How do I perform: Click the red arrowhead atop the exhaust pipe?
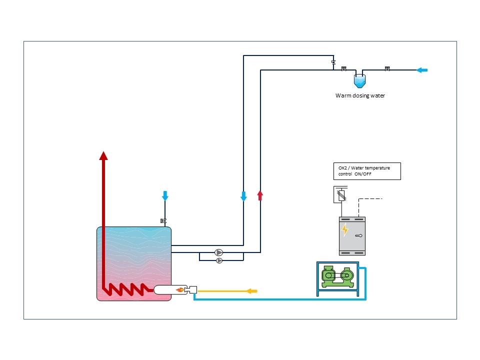(x=103, y=156)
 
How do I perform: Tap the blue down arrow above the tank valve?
(x=165, y=196)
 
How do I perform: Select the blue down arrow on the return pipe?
(x=243, y=196)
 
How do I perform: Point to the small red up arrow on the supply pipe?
(x=260, y=195)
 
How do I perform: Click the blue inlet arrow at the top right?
(x=422, y=70)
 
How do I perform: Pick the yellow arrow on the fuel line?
(x=252, y=291)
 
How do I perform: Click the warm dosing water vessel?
(x=359, y=81)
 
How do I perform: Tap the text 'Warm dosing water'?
(x=360, y=95)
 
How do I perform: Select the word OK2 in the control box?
(x=342, y=168)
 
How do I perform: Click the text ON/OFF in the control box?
(x=363, y=174)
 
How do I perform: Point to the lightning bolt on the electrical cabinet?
(x=345, y=230)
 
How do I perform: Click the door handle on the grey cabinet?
(x=359, y=235)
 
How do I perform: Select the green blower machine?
(x=337, y=276)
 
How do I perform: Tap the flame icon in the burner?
(x=180, y=289)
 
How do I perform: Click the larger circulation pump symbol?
(x=218, y=252)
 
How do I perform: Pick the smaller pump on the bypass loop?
(x=219, y=261)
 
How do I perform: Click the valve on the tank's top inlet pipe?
(x=163, y=220)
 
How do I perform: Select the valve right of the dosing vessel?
(x=387, y=68)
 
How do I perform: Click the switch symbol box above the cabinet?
(x=340, y=194)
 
